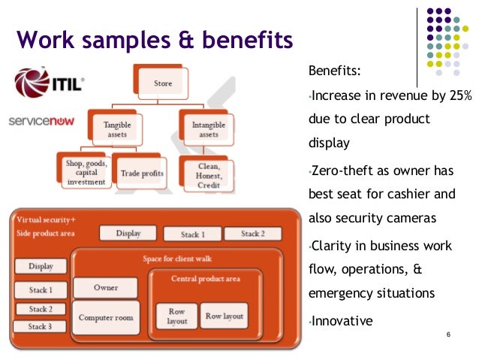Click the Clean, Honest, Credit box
point(208,175)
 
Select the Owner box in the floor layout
point(105,288)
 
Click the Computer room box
point(105,317)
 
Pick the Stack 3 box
point(41,327)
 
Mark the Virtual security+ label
point(47,219)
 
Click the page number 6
point(447,334)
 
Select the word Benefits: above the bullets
point(334,72)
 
